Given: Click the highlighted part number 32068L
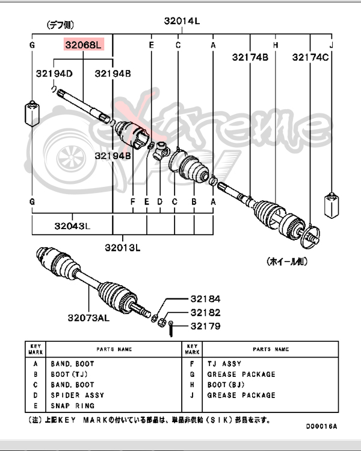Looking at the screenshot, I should [x=84, y=45].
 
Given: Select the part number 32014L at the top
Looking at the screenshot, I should [x=182, y=21].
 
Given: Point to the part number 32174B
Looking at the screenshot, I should [x=250, y=57].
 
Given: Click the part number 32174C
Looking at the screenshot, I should [x=310, y=57].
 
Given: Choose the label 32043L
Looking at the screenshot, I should [x=72, y=227].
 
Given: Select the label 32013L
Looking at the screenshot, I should [x=122, y=247].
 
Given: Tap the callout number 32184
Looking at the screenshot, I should [x=206, y=298].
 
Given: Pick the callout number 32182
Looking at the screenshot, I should [x=206, y=312].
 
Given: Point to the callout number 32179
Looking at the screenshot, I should [x=206, y=326].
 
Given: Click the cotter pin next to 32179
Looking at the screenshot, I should [x=171, y=328].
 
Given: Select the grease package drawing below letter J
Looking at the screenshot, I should [x=330, y=204].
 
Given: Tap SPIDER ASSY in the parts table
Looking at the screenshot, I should [x=77, y=395].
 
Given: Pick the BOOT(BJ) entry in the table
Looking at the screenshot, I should [x=224, y=385].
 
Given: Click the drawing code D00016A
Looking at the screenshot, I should [x=321, y=426].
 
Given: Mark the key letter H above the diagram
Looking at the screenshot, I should [x=275, y=45].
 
